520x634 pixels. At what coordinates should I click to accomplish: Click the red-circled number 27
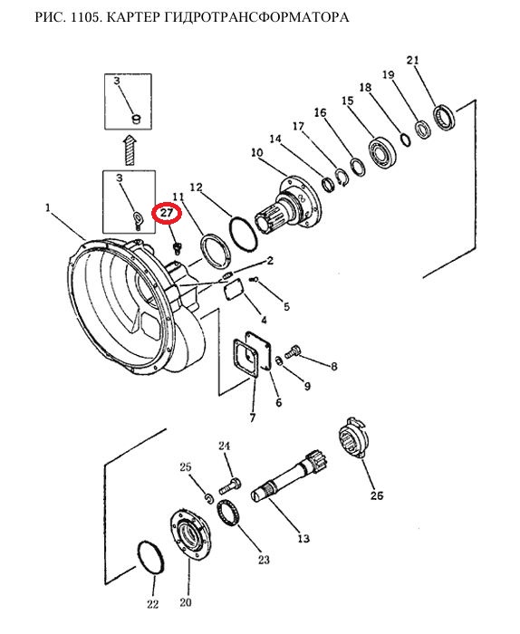pos(167,212)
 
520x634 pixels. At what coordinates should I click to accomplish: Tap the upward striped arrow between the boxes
pos(130,149)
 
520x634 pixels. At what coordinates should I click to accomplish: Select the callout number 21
pos(413,61)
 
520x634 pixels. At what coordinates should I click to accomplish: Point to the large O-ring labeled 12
pos(242,235)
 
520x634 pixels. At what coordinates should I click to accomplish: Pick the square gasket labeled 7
pos(245,359)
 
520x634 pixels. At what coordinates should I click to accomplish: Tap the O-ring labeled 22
pos(150,559)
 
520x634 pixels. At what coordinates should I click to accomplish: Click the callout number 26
pos(377,495)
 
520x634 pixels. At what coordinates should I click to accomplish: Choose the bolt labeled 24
pos(230,485)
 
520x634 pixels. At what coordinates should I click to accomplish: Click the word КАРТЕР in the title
pos(133,17)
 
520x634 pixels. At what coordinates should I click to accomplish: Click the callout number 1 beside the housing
pos(48,208)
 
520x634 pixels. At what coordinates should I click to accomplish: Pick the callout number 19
pos(388,75)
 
